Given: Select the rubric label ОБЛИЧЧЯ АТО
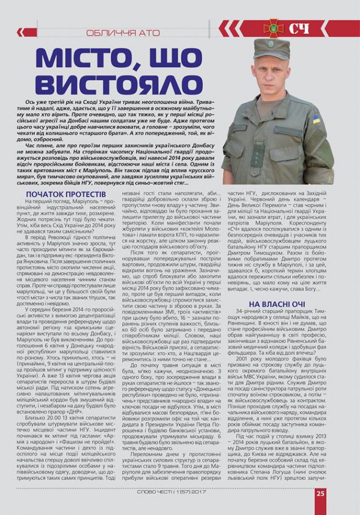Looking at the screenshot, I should point(123,32).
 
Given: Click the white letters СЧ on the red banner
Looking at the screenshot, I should point(300,28).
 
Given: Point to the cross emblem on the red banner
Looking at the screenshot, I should point(274,28).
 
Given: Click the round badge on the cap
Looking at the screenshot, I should point(271,45).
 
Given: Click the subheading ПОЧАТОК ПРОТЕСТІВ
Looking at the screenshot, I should point(66,194).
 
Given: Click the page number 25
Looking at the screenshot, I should point(320,493).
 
